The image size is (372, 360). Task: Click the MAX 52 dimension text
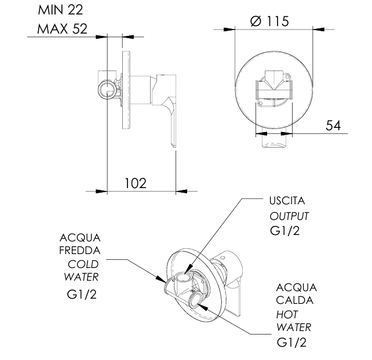62,29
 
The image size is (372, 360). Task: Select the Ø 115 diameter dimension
270,21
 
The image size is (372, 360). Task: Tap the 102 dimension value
136,183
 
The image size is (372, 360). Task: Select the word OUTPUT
289,216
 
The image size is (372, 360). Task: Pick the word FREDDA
81,251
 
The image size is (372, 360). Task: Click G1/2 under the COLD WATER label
81,293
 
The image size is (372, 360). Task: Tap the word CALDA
294,300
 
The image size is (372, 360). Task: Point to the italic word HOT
287,314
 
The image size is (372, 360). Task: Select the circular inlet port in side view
105,90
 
